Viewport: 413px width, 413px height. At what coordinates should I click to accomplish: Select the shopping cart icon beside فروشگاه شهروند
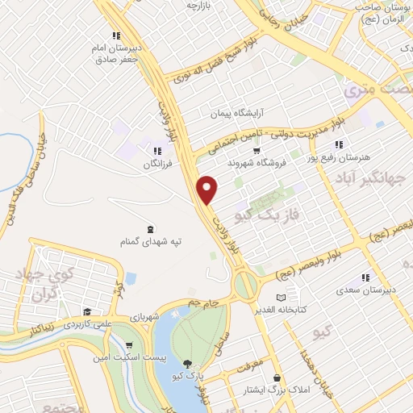[257, 150]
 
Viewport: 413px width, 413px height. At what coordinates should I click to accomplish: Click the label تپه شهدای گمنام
[149, 242]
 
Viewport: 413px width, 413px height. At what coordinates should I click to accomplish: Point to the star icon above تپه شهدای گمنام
[148, 228]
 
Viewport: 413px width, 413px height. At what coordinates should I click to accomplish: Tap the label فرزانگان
[153, 164]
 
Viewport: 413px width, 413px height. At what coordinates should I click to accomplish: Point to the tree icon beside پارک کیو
[189, 365]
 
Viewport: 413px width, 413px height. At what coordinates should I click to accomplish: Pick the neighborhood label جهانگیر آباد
[382, 178]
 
